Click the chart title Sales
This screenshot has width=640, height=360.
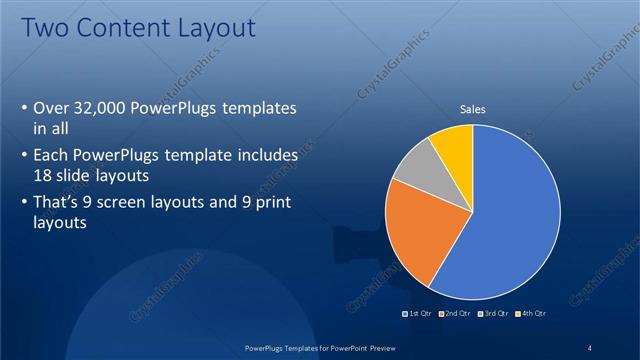(x=472, y=109)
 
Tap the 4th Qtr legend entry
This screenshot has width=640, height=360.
(x=531, y=314)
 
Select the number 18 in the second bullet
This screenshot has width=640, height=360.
(x=44, y=174)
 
